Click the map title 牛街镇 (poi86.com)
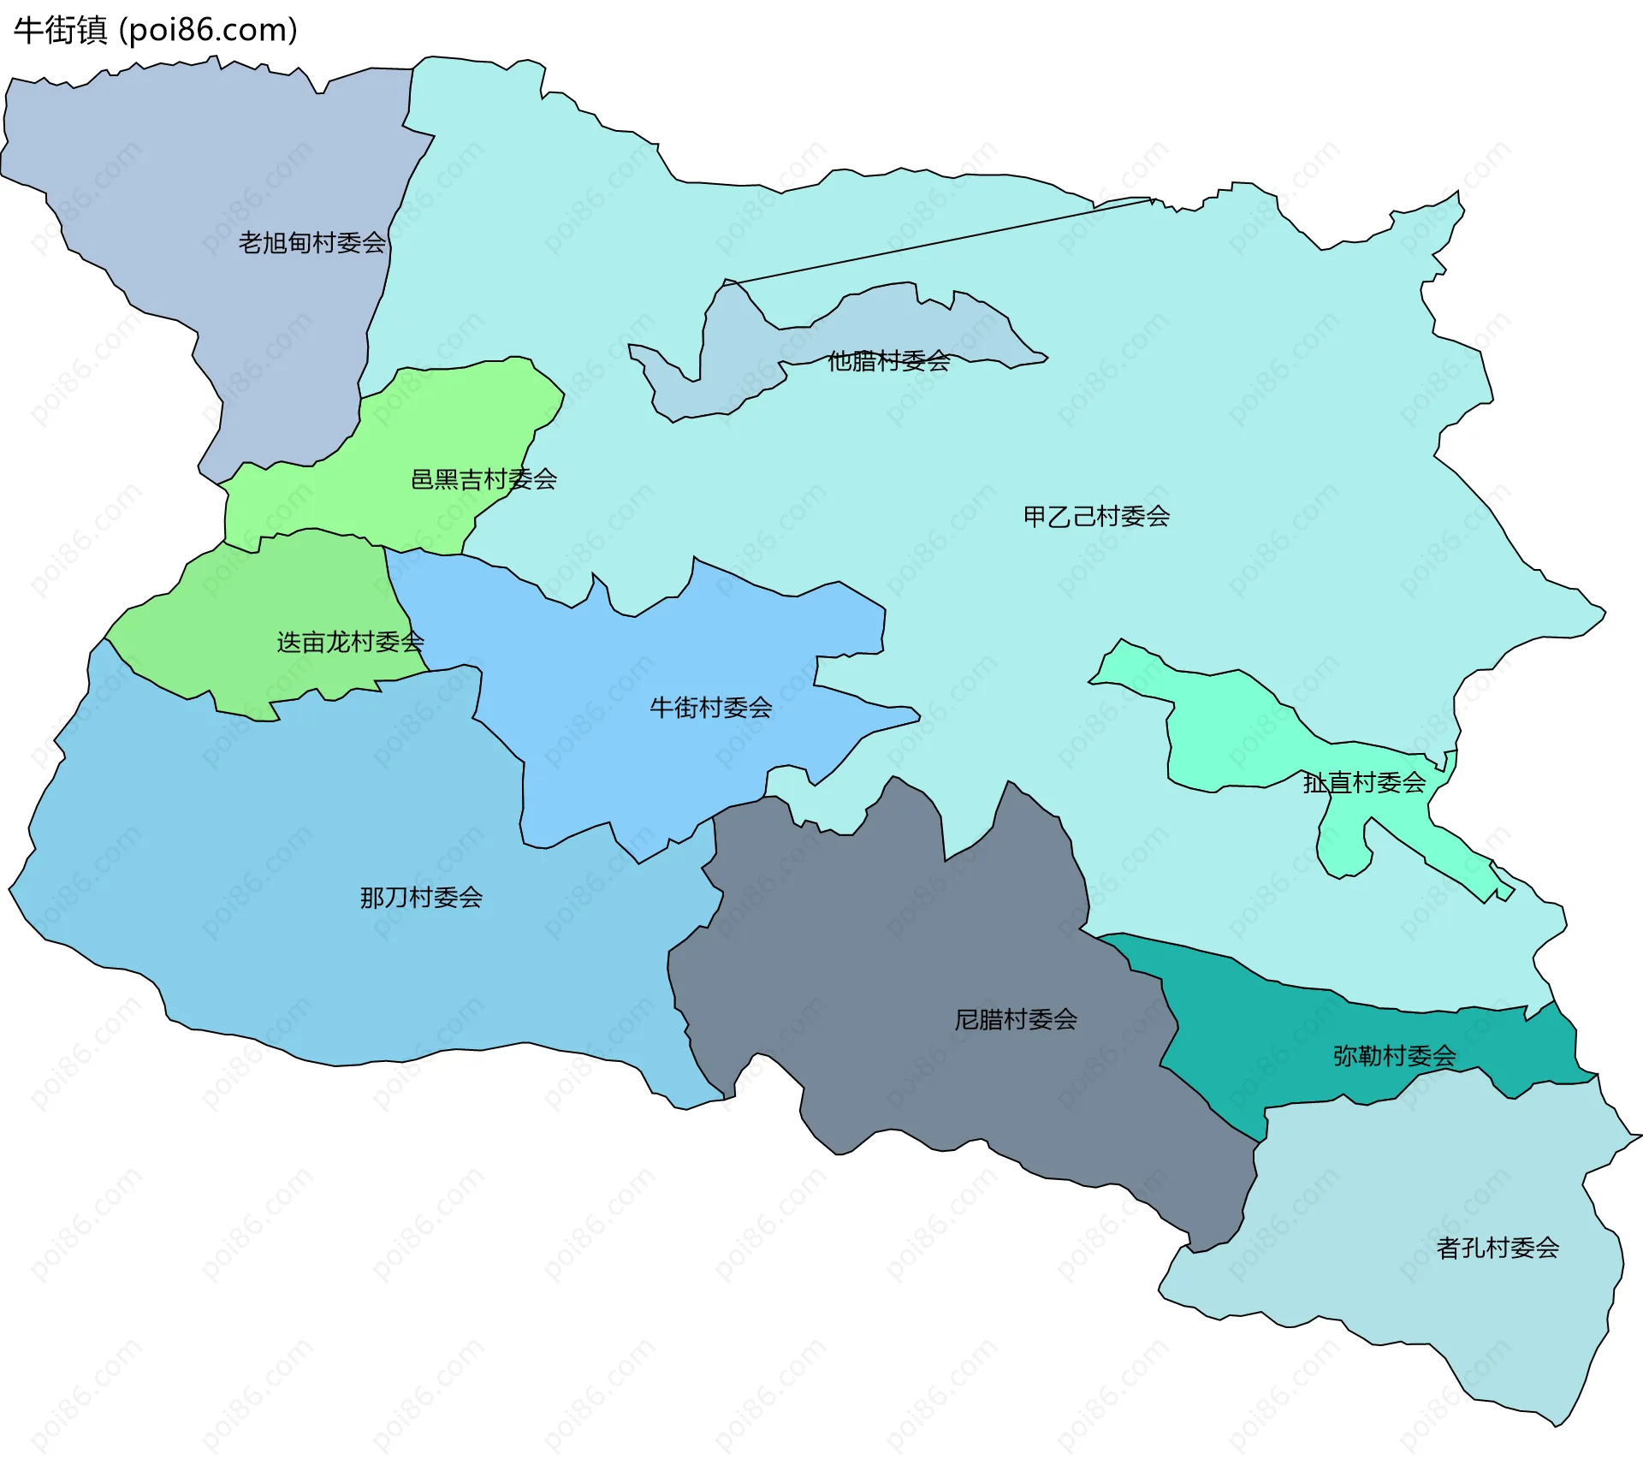155,30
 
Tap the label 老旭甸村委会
311,243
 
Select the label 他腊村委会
888,361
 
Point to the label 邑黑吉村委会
483,479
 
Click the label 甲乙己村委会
1096,516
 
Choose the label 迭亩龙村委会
350,642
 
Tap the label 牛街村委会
710,708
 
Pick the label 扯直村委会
1364,782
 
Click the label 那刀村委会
421,898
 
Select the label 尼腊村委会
1016,1019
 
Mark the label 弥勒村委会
1394,1056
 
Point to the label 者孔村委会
1498,1248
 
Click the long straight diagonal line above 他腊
941,241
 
